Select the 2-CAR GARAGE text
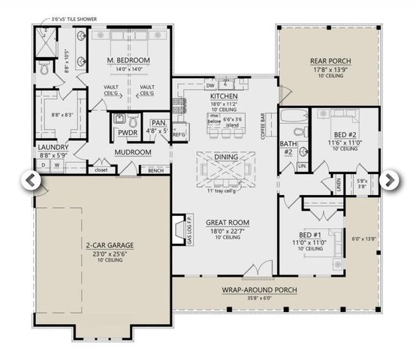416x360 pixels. (x=104, y=245)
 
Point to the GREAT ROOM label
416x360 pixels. (x=223, y=222)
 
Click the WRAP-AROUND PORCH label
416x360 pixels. (x=259, y=289)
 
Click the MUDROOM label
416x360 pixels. (x=134, y=152)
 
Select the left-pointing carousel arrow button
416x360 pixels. (x=31, y=180)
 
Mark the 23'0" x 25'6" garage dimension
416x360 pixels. (x=104, y=253)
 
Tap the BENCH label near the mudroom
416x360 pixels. (x=155, y=170)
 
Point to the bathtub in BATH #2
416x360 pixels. (x=291, y=117)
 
